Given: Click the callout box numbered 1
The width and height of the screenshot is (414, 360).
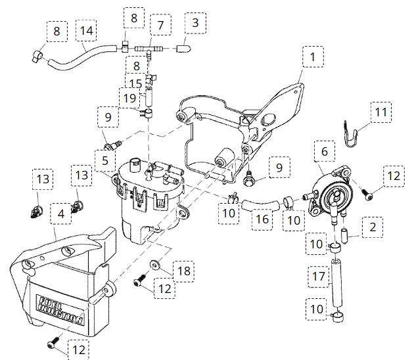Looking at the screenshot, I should (313, 58).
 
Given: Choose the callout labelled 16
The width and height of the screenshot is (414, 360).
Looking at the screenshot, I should (262, 219).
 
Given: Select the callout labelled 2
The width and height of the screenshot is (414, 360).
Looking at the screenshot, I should (372, 228).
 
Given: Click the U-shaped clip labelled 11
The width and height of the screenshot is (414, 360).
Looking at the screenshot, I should (353, 134).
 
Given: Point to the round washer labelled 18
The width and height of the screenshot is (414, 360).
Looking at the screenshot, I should (155, 265).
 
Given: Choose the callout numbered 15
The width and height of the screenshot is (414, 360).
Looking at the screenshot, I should (135, 83).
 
